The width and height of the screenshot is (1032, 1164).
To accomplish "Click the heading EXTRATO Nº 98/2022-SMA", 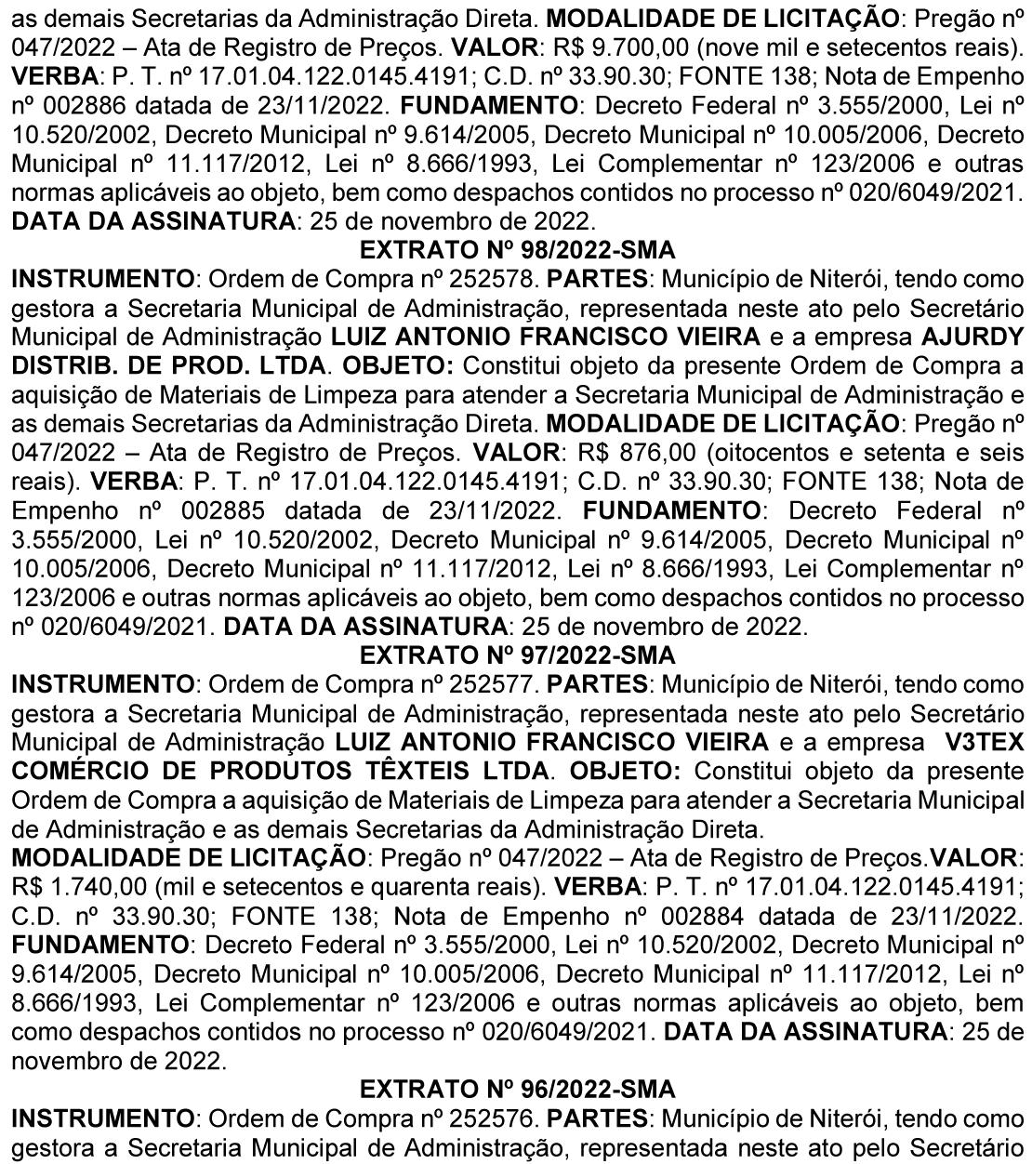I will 517,250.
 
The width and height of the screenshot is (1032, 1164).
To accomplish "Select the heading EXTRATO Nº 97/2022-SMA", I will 517,655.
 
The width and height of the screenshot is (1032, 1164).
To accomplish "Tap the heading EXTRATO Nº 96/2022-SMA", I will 517,1088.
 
